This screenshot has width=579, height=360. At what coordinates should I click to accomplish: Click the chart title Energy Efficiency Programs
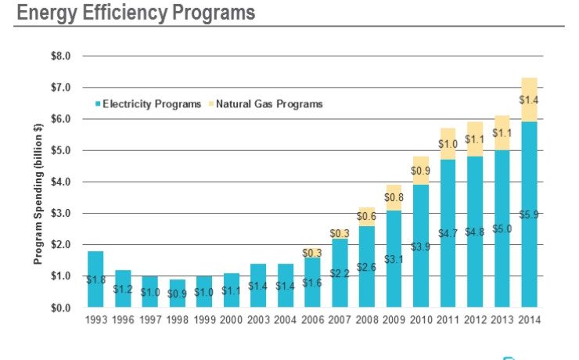point(135,13)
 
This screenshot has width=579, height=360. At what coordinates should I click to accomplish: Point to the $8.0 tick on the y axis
point(61,56)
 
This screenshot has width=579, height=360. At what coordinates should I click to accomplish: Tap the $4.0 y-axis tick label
point(61,182)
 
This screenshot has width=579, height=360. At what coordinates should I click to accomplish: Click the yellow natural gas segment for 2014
point(529,99)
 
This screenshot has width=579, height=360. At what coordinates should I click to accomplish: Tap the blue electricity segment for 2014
point(529,214)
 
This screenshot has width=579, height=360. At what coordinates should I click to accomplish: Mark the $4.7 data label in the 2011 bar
point(448,233)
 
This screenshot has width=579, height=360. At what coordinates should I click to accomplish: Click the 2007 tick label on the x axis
point(339,319)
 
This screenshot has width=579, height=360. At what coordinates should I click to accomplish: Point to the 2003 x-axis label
point(257,319)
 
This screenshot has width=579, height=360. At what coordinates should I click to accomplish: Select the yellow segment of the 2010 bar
point(420,171)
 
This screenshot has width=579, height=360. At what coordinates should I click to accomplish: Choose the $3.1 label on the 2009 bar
point(394,258)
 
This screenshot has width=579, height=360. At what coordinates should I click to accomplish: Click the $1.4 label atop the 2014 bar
point(529,99)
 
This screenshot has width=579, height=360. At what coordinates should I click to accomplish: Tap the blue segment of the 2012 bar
point(475,232)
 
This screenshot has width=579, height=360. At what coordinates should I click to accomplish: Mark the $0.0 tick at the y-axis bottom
point(61,308)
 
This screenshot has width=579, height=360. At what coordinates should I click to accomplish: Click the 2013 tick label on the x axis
point(502,319)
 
